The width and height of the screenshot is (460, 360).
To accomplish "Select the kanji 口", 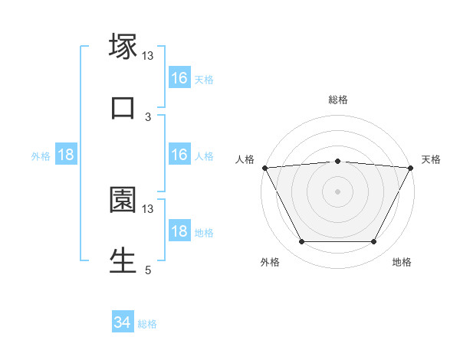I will coord(123,107).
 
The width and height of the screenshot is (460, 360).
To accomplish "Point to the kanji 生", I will coord(123,260).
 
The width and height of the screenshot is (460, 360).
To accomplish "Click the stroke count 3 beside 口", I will coord(148,116).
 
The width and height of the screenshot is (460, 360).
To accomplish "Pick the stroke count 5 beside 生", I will coord(148,270).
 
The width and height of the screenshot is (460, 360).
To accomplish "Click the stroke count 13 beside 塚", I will coord(148,55).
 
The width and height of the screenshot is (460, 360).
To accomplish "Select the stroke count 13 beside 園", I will coord(148,208).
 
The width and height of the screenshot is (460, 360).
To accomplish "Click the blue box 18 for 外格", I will coord(66,155).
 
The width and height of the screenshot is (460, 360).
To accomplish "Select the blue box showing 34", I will coord(123,323).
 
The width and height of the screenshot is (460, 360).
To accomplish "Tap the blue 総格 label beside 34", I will coord(148,324).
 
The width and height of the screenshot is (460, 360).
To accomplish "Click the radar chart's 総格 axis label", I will coord(338,100).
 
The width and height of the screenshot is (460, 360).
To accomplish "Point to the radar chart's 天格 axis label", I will coord(432,159).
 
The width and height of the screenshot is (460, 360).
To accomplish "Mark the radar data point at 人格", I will coord(264,168).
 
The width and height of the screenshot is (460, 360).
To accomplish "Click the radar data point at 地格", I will coord(374,242).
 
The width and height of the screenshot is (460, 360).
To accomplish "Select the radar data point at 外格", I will coord(301,242).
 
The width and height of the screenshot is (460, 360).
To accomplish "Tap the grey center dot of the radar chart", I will coord(338,191).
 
